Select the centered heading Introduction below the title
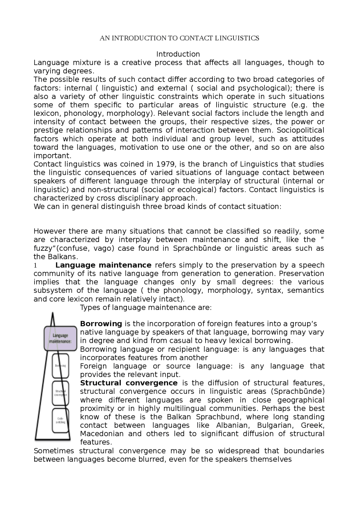pyautogui.click(x=178, y=54)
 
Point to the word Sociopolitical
pyautogui.click(x=300, y=130)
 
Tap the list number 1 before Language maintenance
pyautogui.click(x=35, y=265)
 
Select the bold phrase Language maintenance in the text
pyautogui.click(x=103, y=265)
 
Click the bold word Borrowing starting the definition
pyautogui.click(x=101, y=324)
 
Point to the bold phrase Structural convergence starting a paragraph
pyautogui.click(x=129, y=383)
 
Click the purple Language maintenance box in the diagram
pyautogui.click(x=60, y=338)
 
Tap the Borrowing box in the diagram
pyautogui.click(x=60, y=366)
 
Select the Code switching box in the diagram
pyautogui.click(x=60, y=420)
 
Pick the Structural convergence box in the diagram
pyautogui.click(x=60, y=393)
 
